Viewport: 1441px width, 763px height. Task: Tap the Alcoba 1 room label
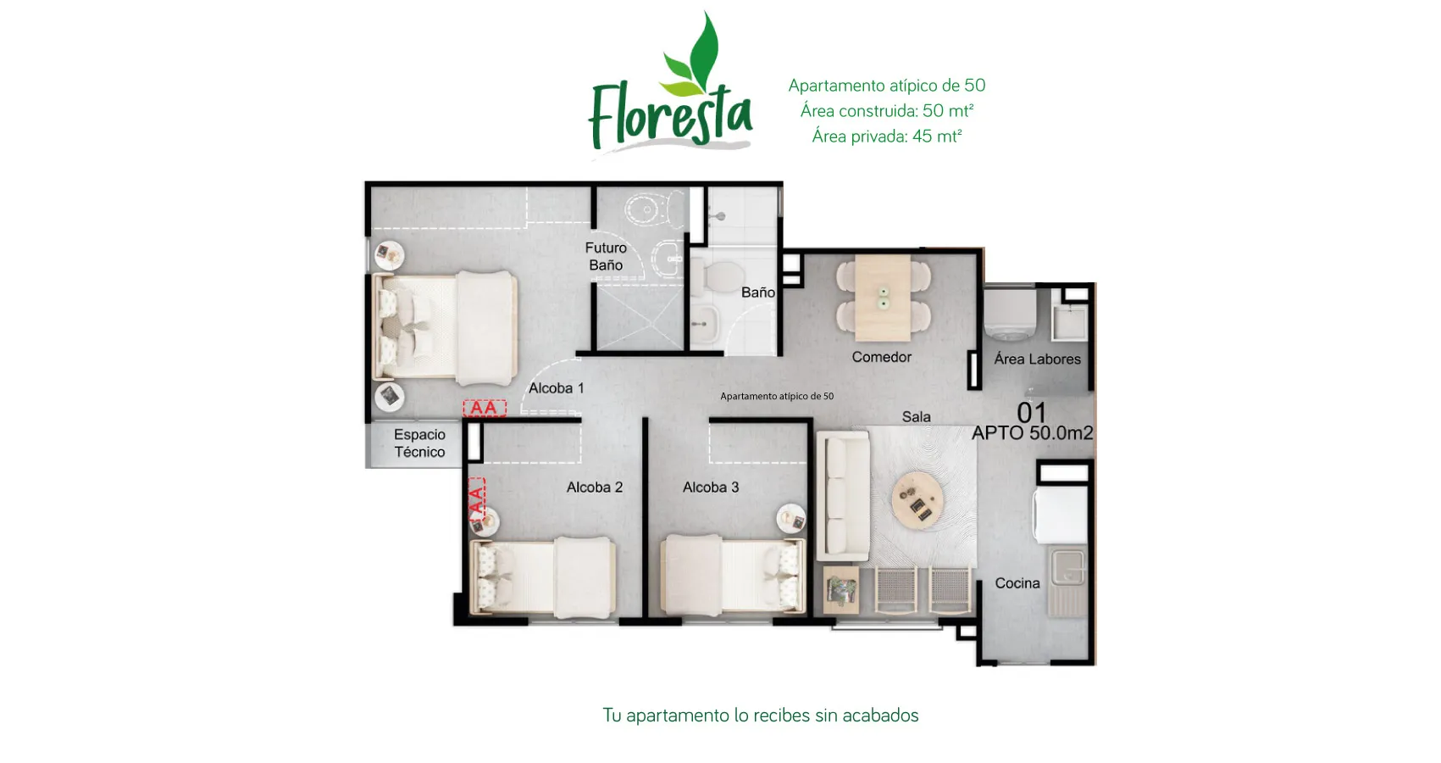tap(556, 388)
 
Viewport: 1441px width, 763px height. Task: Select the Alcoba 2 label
tap(594, 487)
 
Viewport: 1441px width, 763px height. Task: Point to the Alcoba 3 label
tap(711, 487)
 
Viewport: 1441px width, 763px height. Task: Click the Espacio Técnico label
tap(419, 443)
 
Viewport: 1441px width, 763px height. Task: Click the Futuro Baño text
tap(606, 256)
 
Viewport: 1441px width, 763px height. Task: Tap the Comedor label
tap(881, 357)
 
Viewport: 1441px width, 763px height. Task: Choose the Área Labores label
tap(1037, 359)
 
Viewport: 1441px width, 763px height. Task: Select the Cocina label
tap(1017, 583)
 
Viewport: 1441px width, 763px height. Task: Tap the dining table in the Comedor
tap(883, 297)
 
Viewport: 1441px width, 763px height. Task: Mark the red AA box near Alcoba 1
tap(484, 409)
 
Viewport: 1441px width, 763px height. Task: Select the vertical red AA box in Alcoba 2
tap(476, 500)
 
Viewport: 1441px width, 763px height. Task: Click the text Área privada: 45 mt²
tap(886, 136)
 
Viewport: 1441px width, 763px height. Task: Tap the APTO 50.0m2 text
tap(1032, 433)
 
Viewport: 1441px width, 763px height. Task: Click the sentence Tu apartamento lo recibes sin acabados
tap(760, 716)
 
